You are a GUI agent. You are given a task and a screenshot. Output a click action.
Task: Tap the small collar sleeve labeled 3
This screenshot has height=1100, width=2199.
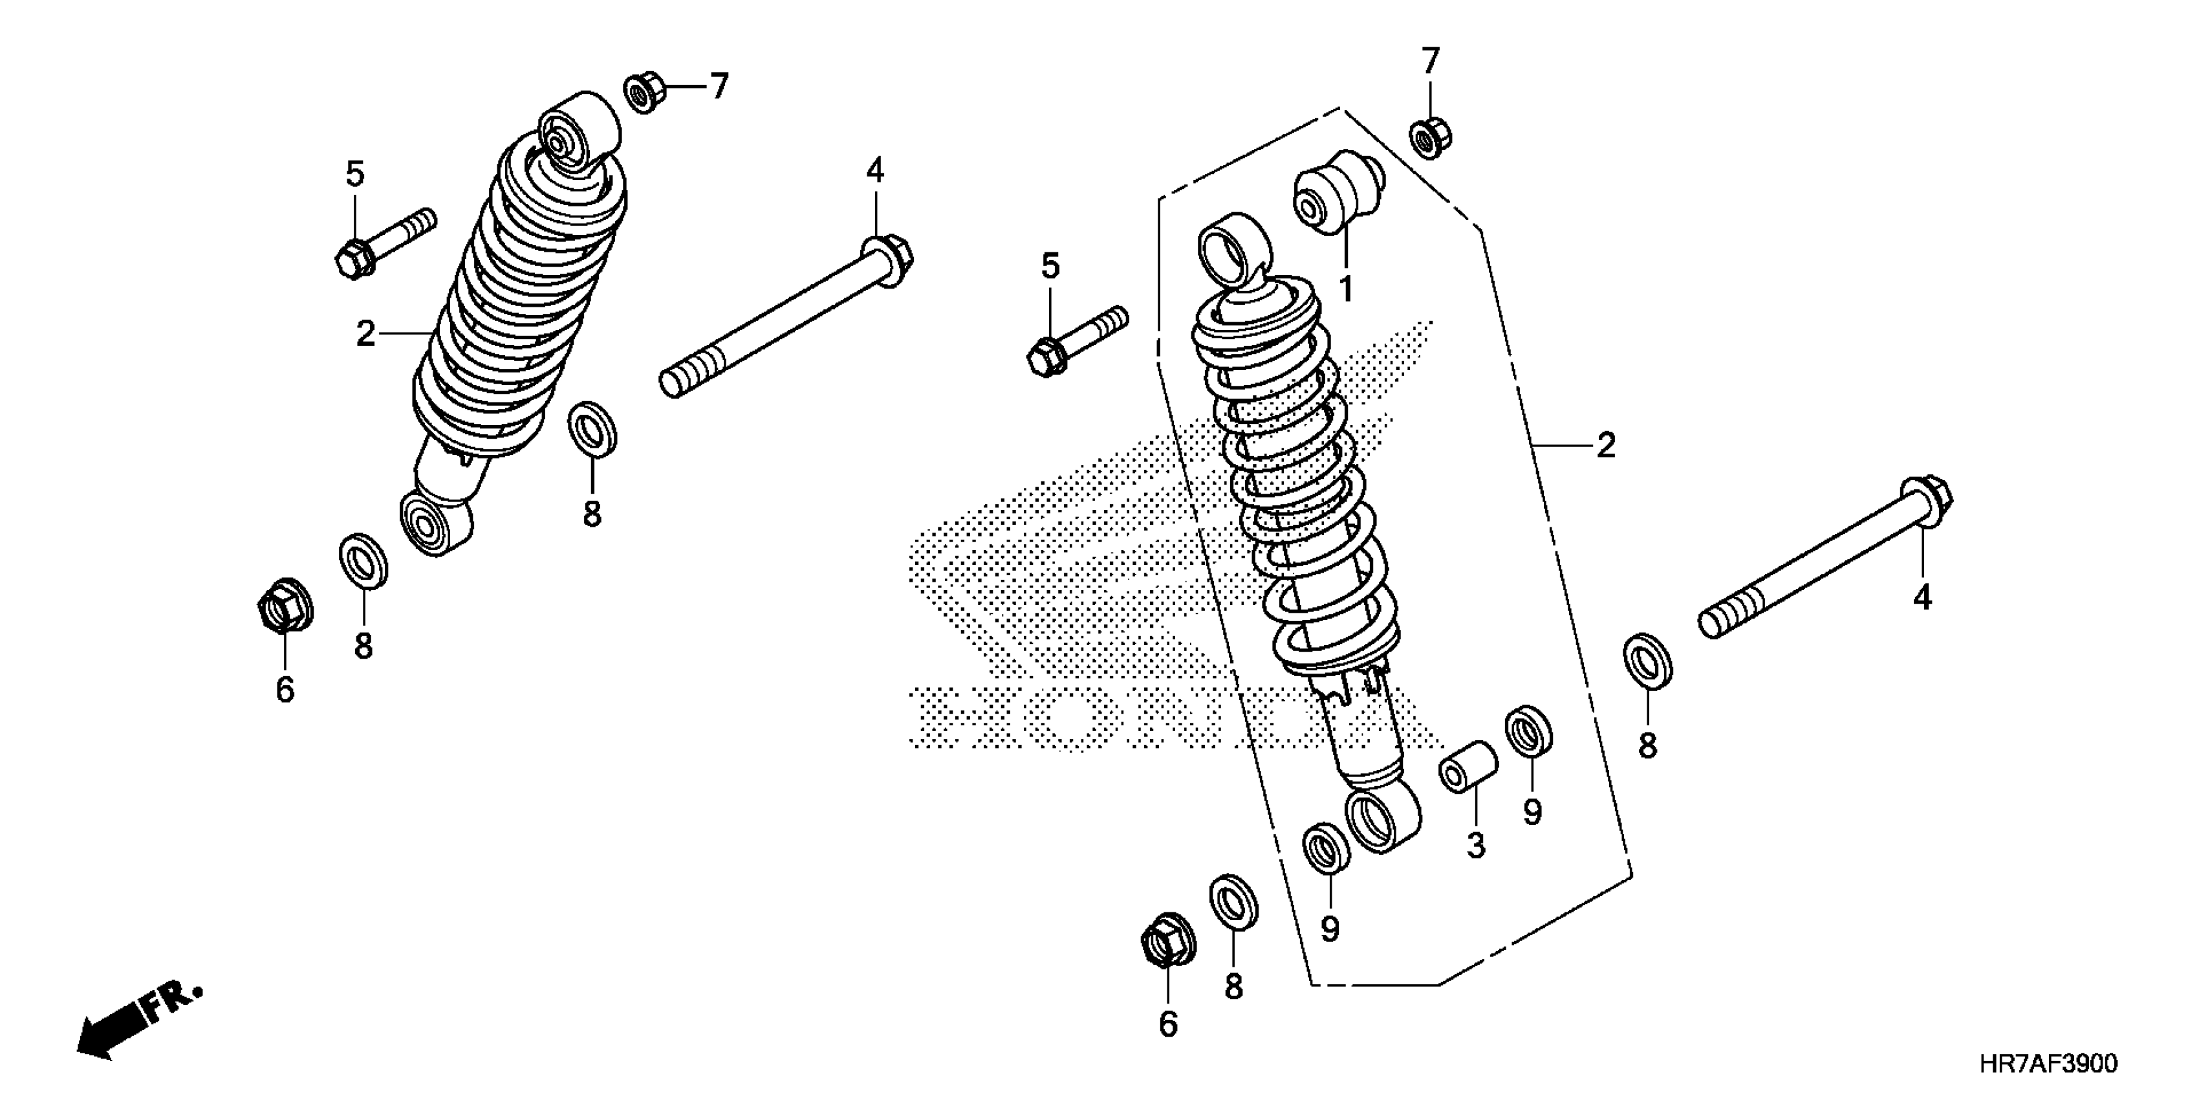click(x=1468, y=767)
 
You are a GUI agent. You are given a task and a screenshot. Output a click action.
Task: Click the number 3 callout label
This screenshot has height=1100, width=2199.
click(x=1476, y=846)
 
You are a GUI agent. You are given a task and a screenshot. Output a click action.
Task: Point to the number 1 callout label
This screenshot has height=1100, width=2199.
click(x=1345, y=289)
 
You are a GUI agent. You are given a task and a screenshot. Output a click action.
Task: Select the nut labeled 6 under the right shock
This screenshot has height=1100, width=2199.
click(x=1167, y=940)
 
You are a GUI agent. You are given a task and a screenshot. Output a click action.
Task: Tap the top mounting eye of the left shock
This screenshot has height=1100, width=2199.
click(x=578, y=133)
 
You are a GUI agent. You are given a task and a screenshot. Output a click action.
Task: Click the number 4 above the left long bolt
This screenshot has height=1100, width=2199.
click(x=875, y=171)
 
